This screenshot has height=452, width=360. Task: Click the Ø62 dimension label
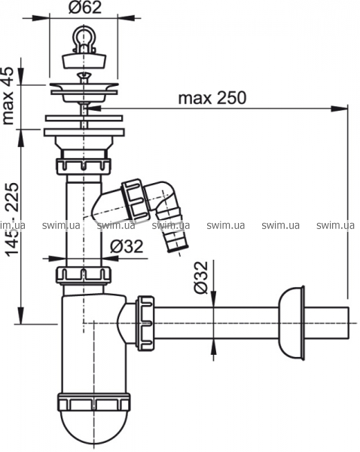(85, 8)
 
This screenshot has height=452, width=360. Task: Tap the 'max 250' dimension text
(212, 98)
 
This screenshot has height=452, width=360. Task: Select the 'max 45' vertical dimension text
(8, 96)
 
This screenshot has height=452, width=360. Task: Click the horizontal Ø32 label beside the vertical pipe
(127, 246)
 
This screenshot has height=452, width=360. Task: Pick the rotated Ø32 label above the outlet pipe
(200, 277)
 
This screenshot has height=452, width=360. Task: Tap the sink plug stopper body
(84, 60)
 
